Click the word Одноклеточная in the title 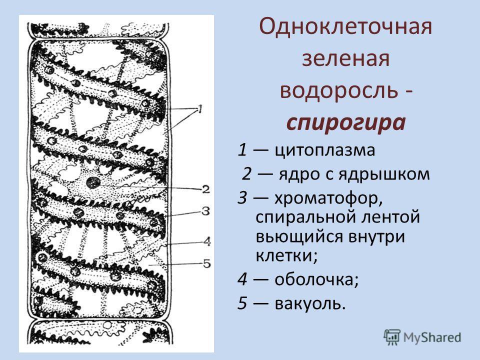(x=345, y=26)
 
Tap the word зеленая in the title (x=346, y=59)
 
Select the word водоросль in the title (x=340, y=91)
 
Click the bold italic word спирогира (x=346, y=123)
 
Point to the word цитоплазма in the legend (x=324, y=150)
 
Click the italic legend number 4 (x=242, y=279)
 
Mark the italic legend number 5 (x=242, y=303)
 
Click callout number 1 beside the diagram (x=200, y=109)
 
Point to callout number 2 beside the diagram (x=205, y=189)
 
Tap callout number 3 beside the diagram (x=205, y=211)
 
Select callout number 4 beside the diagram (x=207, y=241)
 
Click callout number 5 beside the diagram (x=207, y=263)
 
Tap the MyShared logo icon (x=392, y=337)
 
